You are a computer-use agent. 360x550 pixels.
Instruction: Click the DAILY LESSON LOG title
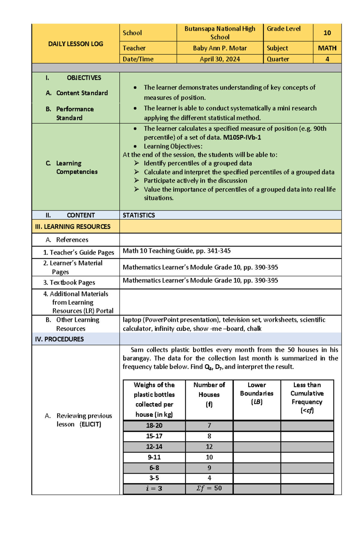[x=76, y=44]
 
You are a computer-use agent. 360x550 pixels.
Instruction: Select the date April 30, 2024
[x=220, y=59]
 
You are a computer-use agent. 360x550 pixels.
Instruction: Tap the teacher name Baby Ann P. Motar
[x=220, y=48]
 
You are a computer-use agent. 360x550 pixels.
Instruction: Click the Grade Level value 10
[x=327, y=33]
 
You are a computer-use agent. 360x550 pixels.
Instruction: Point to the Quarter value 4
[x=327, y=59]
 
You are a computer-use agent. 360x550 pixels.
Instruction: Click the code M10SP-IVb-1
[x=242, y=137]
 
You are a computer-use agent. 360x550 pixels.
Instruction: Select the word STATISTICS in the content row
[x=139, y=215]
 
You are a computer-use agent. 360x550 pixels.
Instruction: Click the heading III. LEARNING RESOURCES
[x=73, y=227]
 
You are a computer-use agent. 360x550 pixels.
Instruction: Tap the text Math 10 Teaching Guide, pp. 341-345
[x=176, y=251]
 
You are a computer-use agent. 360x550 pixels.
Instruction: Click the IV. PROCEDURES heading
[x=59, y=339]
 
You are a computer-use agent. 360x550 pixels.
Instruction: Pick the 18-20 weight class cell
[x=154, y=425]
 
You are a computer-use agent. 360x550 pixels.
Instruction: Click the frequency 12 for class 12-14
[x=209, y=447]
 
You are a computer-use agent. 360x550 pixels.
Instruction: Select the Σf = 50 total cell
[x=209, y=488]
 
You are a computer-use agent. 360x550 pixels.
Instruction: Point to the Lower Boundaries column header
[x=256, y=393]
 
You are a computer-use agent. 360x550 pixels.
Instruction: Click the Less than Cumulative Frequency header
[x=307, y=397]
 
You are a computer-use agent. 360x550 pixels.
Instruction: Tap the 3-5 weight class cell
[x=154, y=478]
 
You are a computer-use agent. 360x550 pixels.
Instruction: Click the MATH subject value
[x=327, y=48]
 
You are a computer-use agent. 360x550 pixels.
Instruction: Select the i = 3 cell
[x=154, y=488]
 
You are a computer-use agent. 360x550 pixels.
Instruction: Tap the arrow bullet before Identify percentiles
[x=136, y=163]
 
